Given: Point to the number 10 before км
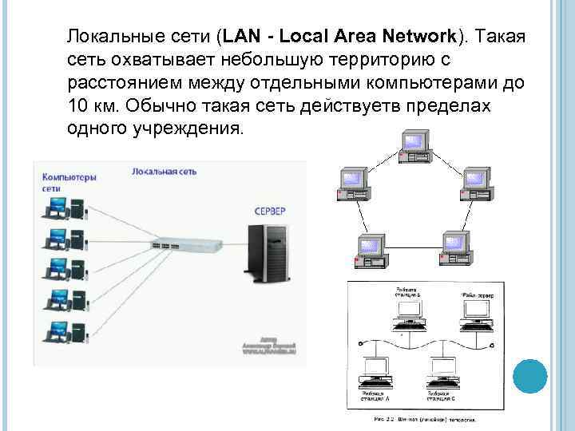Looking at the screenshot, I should [x=79, y=106].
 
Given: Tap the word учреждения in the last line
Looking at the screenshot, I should [x=190, y=129].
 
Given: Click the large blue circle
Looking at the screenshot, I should [x=529, y=376].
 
